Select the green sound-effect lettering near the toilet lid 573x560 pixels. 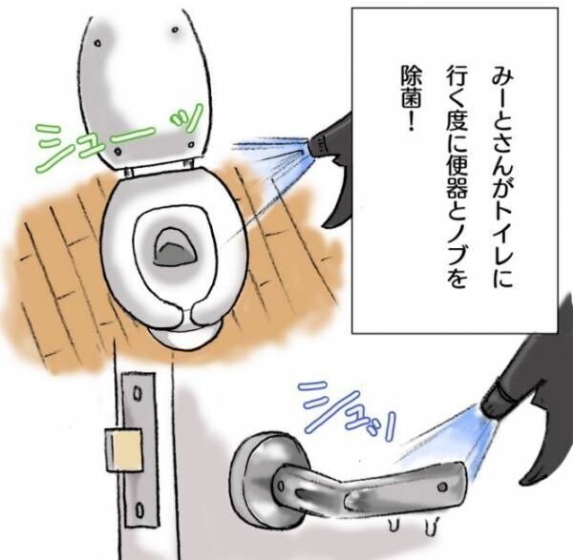117,138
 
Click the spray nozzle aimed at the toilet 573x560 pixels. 317,143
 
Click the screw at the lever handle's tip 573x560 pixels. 442,487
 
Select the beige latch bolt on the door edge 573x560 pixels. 123,449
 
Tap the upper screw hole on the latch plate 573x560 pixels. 137,394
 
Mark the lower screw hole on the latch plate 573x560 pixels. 139,510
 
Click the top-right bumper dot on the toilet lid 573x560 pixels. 176,30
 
